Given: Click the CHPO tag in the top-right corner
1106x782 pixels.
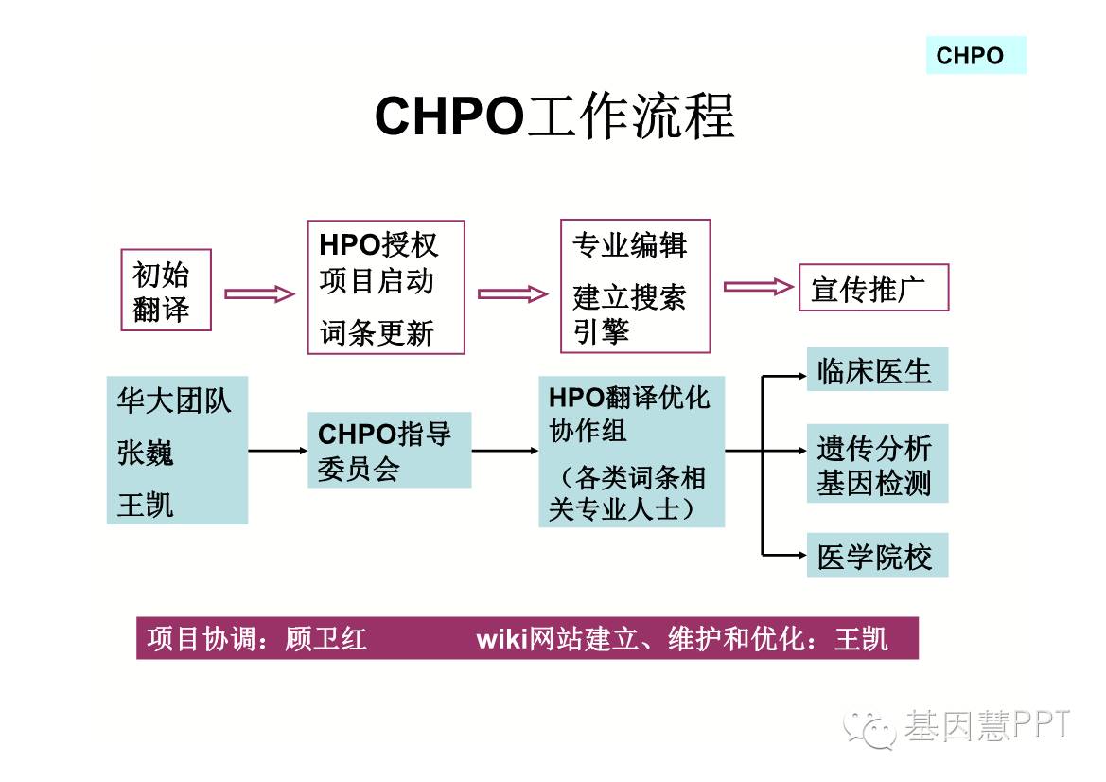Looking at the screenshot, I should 974,55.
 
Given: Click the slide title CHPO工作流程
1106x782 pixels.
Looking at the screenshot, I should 554,117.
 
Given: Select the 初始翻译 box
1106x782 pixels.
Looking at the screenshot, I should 166,290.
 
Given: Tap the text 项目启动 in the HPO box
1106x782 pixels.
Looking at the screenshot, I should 377,281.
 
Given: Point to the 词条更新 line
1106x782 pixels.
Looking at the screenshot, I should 377,332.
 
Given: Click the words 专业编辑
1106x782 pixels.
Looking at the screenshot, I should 629,245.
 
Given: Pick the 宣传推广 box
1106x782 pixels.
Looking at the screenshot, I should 872,288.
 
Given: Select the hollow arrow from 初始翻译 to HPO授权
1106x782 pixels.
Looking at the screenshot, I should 258,293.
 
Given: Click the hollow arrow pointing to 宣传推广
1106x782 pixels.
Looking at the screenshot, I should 758,286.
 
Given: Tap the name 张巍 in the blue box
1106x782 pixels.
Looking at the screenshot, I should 146,453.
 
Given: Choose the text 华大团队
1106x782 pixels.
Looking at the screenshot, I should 174,400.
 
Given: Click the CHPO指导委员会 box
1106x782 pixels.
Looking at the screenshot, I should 389,451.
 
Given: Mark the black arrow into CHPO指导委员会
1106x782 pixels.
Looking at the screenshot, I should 276,450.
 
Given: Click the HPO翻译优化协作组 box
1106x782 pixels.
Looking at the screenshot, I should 631,452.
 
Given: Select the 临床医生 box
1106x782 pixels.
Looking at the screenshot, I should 876,370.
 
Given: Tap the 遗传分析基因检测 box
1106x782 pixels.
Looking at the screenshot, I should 876,465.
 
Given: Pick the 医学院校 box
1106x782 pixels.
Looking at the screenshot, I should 876,556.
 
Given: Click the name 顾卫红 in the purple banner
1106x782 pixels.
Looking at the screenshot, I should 325,639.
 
